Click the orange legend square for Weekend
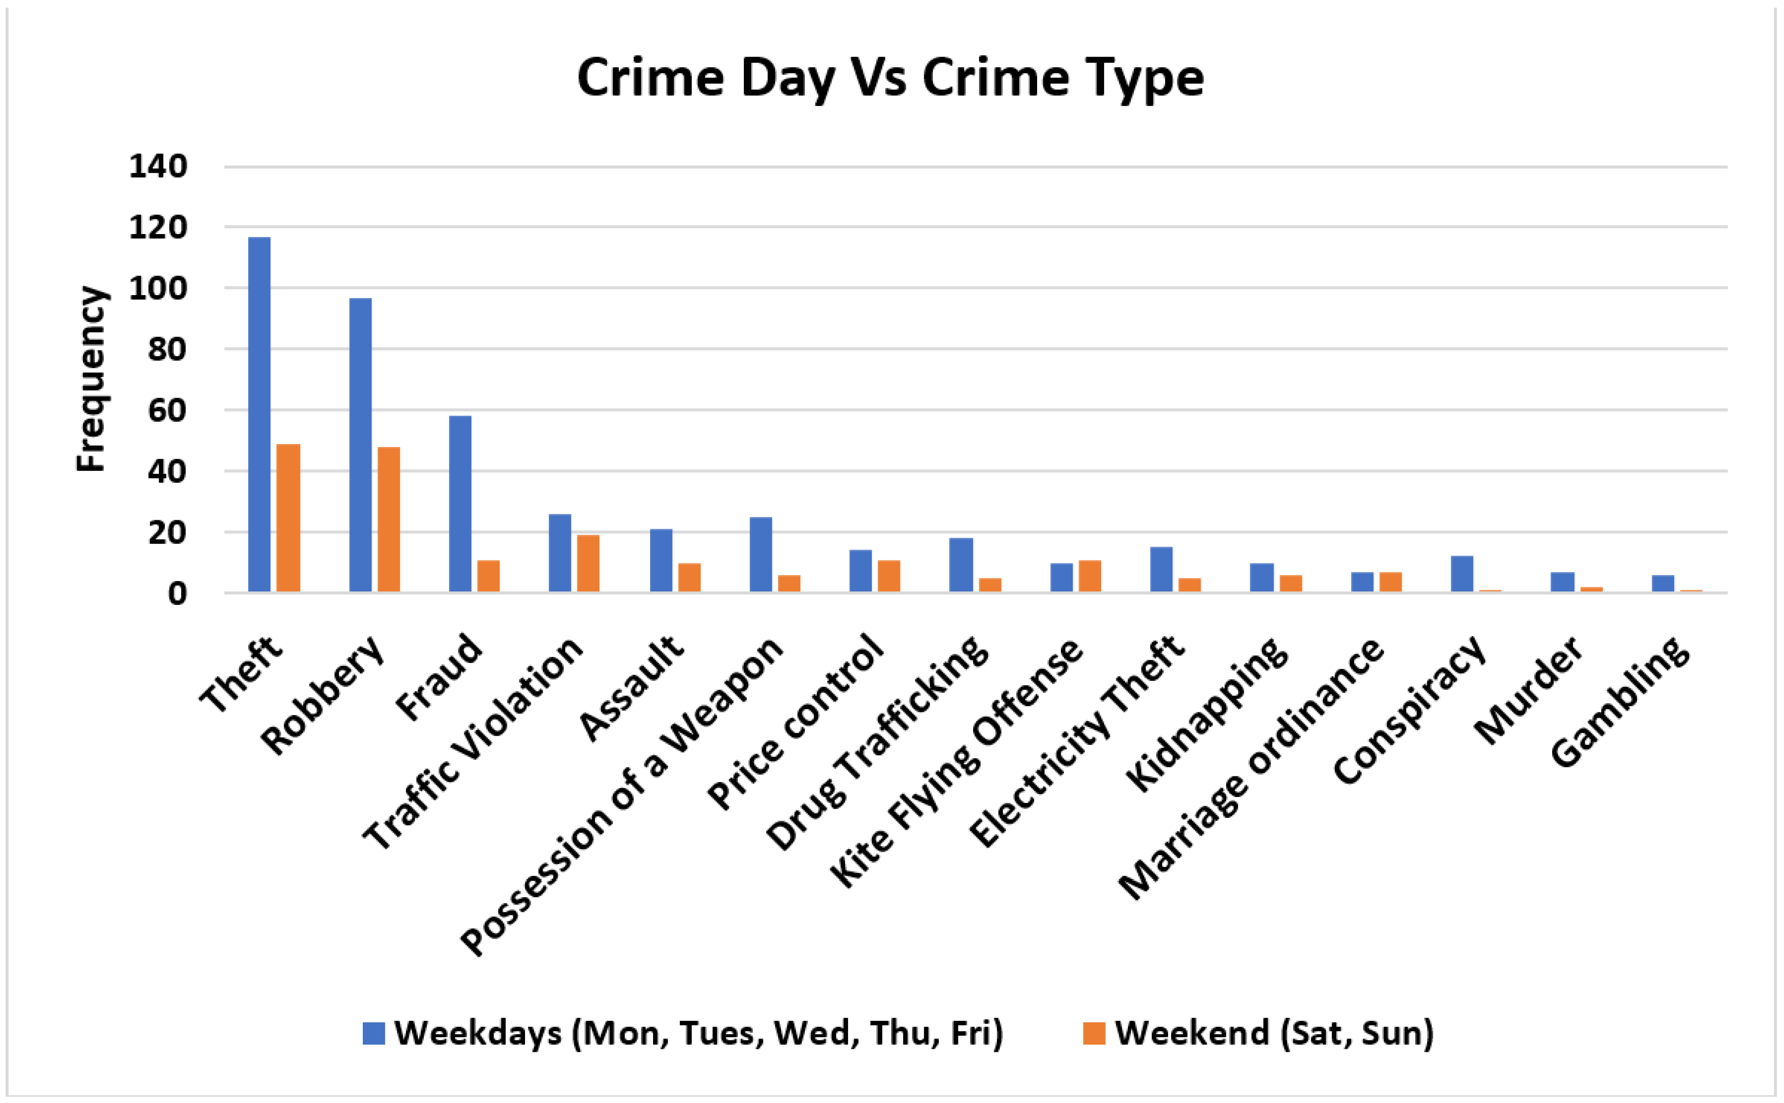(x=1094, y=1033)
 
